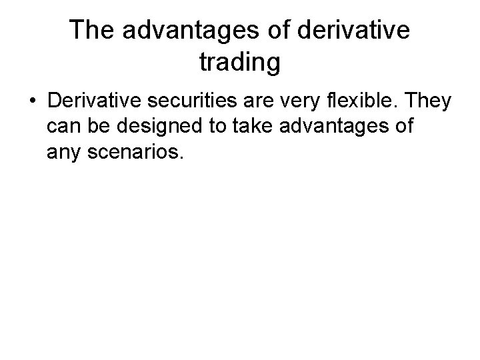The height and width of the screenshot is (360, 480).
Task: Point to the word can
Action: (x=63, y=127)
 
